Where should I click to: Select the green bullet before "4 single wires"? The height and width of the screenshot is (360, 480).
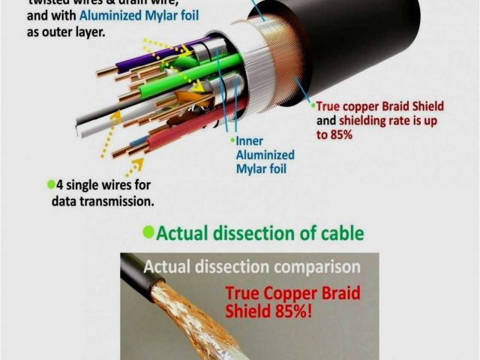click(x=51, y=184)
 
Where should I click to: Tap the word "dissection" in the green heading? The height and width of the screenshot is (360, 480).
click(x=255, y=233)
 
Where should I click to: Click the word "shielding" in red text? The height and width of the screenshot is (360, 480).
click(x=363, y=121)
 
